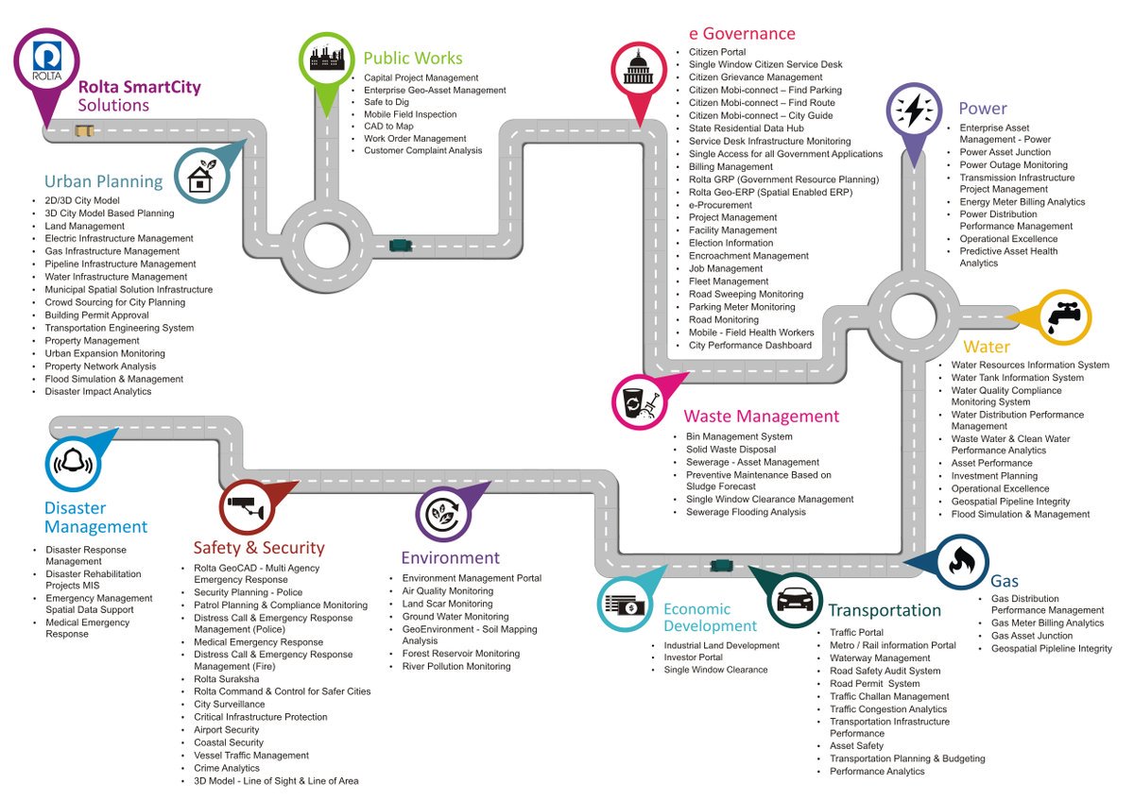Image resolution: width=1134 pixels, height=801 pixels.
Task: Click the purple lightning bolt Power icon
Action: pos(914,111)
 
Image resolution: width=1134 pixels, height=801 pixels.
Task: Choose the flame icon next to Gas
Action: pos(961,561)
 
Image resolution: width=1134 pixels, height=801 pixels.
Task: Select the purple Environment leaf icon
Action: pos(443,514)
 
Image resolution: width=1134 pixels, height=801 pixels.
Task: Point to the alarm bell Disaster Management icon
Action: pos(73,463)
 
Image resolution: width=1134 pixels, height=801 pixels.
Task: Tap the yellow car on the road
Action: pos(85,129)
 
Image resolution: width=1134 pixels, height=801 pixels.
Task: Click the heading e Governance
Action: pos(742,34)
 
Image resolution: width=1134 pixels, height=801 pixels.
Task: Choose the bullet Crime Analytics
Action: pos(226,768)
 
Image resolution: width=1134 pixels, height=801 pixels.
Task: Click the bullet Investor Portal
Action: pos(693,657)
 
